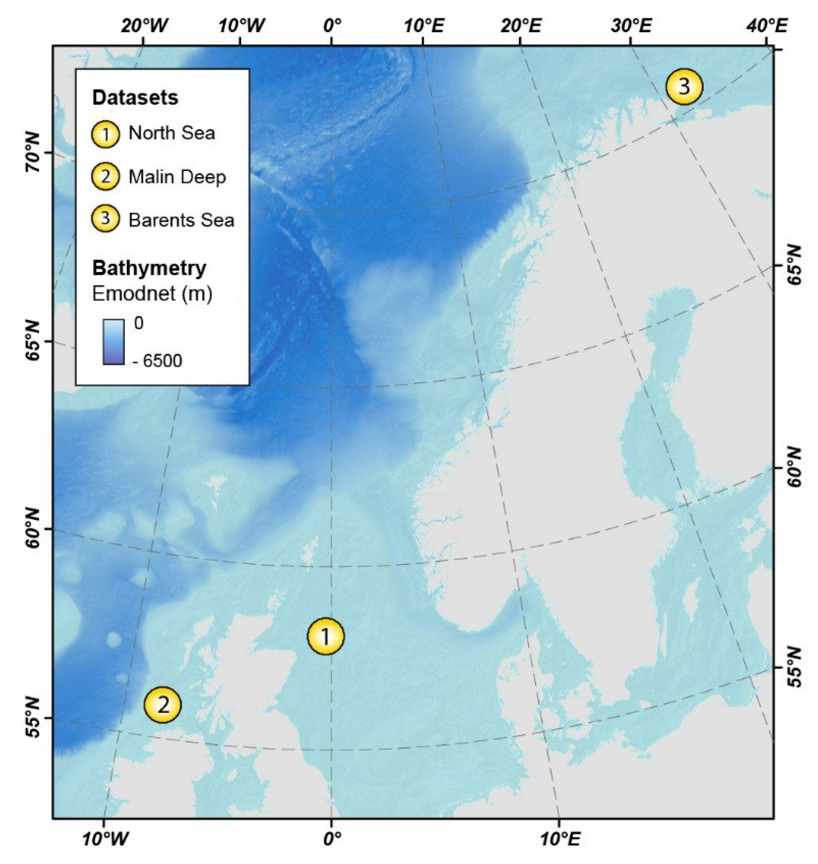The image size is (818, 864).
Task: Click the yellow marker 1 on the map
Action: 326,636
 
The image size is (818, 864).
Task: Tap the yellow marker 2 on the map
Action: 163,704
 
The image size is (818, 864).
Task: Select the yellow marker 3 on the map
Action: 684,86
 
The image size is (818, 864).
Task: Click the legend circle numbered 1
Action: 106,134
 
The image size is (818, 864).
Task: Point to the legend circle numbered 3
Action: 106,218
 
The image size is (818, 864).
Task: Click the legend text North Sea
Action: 172,133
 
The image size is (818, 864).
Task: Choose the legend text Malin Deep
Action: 177,177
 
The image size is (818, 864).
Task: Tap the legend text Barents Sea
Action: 181,220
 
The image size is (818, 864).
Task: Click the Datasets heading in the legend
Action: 135,98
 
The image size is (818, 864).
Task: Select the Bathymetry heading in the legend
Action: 149,268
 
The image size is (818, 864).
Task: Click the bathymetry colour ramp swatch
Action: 113,342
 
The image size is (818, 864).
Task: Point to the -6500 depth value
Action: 157,361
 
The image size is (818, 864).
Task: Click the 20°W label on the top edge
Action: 144,26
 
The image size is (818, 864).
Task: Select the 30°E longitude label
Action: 632,26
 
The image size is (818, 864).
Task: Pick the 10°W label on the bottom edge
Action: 106,838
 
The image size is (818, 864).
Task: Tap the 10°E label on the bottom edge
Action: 560,838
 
